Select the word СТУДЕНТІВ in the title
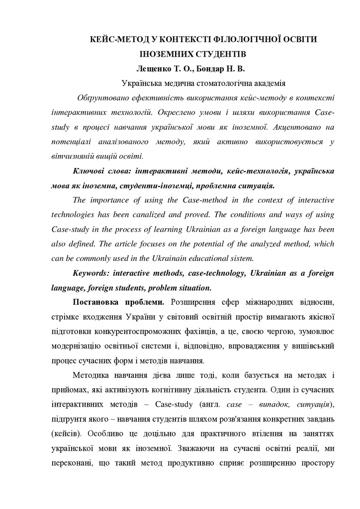point(219,52)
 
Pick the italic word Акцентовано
point(294,127)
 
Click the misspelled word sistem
point(242,258)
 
